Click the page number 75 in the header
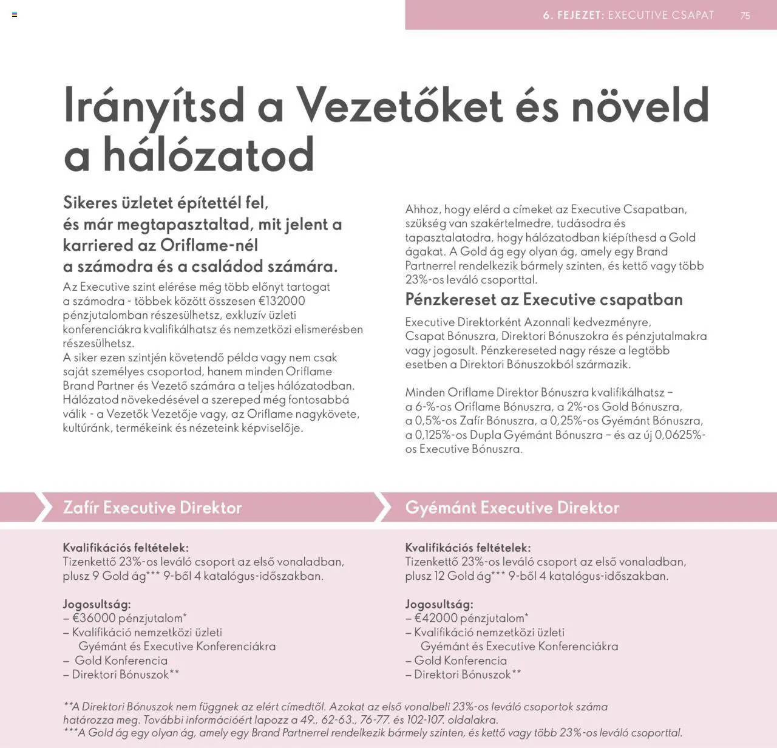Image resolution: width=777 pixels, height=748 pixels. point(745,16)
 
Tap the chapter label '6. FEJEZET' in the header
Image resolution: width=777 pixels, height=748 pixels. point(573,15)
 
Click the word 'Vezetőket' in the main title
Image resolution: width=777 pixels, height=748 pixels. point(399,106)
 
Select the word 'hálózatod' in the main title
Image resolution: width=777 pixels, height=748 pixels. point(208,155)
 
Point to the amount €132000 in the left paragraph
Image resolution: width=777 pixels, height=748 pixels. point(282,301)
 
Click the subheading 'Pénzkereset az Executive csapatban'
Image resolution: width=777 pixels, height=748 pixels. point(544,299)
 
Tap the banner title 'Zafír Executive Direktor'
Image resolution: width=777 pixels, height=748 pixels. point(152,508)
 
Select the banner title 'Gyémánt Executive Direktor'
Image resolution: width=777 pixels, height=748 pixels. point(512,508)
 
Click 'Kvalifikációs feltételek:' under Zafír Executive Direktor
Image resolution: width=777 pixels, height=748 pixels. point(126,548)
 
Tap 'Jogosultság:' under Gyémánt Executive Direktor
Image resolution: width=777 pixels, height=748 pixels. point(439,604)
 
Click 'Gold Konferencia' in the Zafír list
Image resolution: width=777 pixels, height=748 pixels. point(121,661)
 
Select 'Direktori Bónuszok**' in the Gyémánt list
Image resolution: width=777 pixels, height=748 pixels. point(467,675)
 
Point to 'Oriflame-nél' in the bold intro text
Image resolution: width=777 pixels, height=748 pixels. point(209,245)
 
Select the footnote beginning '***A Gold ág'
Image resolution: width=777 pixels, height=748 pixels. point(373,733)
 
